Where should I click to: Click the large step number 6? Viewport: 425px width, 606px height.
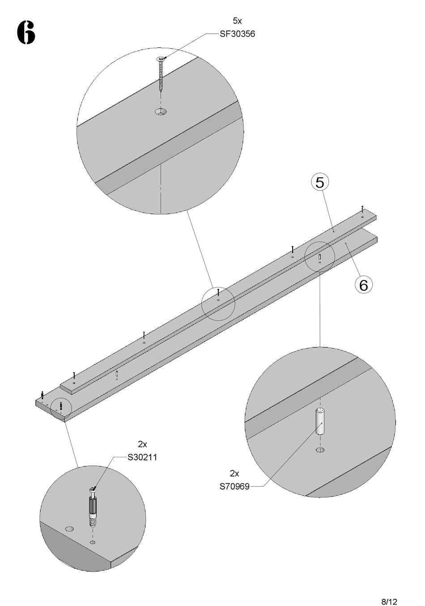26,33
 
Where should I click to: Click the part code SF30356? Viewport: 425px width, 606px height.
237,34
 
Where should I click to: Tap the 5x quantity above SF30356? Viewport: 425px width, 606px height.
237,21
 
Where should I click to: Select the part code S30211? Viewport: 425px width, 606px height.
142,457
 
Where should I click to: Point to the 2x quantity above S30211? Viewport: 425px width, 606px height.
142,444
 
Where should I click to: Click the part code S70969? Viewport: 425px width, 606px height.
234,486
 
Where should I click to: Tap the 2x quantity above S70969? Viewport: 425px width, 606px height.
234,473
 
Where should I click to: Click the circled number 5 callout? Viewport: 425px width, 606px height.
320,182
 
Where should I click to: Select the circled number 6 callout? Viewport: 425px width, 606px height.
363,284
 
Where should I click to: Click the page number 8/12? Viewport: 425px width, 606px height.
389,589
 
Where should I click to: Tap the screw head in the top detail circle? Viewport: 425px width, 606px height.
161,59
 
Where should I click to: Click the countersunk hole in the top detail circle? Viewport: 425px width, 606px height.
161,112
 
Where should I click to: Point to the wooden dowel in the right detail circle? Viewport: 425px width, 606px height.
320,421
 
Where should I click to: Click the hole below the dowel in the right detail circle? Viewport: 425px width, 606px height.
320,450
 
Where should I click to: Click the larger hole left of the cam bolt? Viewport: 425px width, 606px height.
69,529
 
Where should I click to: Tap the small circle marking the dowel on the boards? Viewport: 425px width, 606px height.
319,257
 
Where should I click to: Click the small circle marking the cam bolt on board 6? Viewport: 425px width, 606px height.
60,406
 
